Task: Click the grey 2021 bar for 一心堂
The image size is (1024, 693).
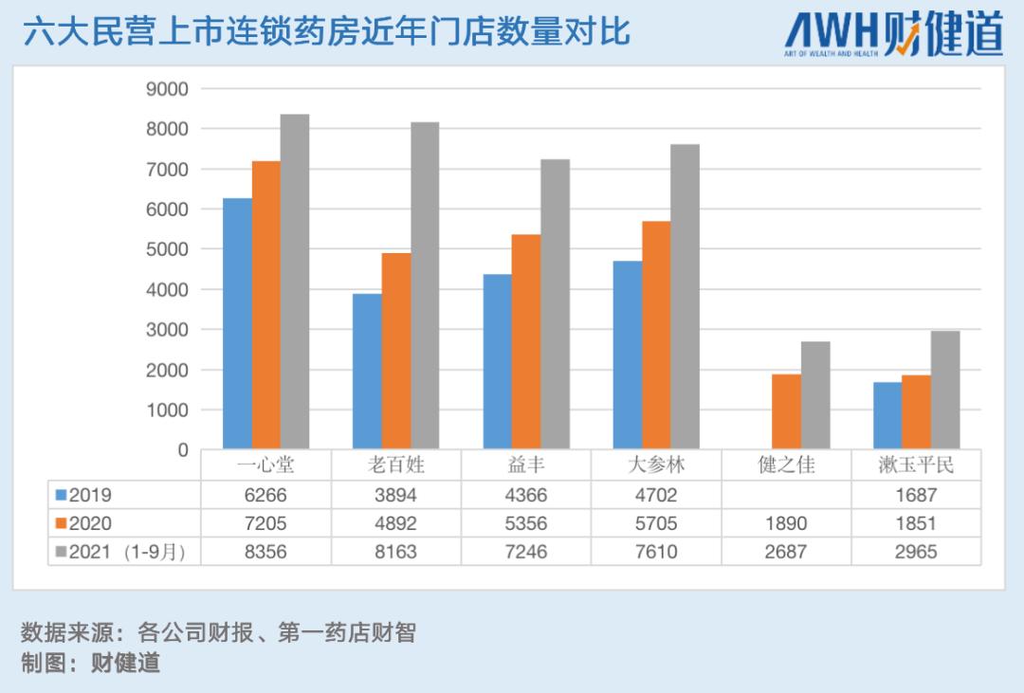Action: [295, 282]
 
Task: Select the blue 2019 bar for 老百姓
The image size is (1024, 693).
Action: [367, 371]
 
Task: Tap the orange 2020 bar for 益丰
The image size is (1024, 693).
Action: [526, 341]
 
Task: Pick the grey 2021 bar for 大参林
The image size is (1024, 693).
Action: [685, 297]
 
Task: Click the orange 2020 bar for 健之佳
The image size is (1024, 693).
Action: [786, 411]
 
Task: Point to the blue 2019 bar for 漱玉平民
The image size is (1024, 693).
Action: [887, 415]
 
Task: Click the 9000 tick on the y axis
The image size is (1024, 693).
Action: [167, 88]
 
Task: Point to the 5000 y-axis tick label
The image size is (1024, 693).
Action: [167, 249]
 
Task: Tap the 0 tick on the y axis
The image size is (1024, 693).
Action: [183, 450]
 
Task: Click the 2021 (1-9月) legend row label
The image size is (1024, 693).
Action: [124, 552]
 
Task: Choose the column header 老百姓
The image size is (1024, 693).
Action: [395, 465]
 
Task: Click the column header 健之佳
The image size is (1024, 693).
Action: [786, 465]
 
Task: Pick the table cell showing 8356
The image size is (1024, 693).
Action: [265, 552]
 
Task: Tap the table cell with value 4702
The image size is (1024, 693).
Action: [655, 495]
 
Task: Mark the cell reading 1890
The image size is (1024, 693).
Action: [786, 523]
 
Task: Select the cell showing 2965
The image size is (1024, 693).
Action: [915, 552]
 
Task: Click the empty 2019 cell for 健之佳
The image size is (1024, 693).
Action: [786, 495]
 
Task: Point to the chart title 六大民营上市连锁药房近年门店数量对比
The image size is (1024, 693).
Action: [326, 31]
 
